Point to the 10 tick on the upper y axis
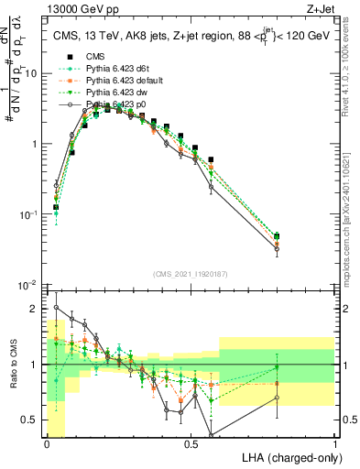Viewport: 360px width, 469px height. coord(33,73)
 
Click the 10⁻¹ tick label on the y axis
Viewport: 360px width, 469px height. coord(29,214)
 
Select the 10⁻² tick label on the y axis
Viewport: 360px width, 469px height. coord(29,285)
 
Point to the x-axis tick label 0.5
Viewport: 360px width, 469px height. coord(191,443)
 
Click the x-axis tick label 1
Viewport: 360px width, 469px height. coord(335,443)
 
